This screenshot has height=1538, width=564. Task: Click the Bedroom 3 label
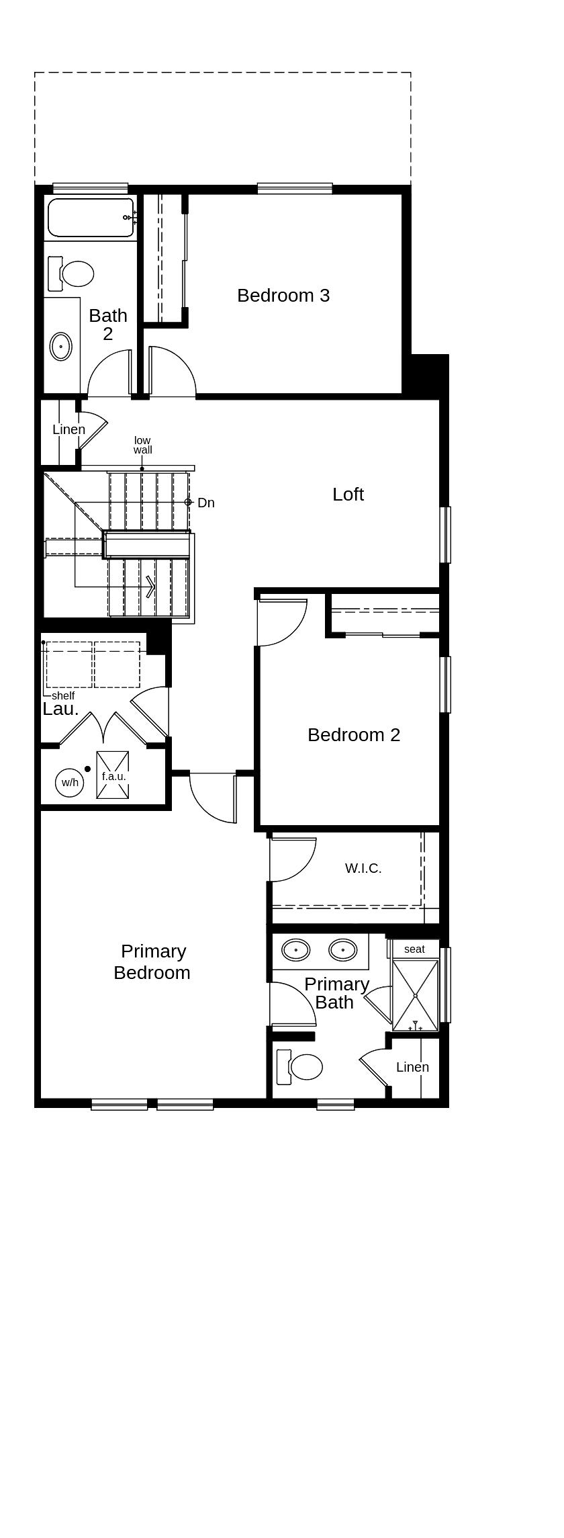click(283, 296)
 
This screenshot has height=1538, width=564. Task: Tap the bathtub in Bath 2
click(91, 218)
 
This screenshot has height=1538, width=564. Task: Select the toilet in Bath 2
click(73, 273)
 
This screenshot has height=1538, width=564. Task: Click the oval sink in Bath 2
click(61, 347)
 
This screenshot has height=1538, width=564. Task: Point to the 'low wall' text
click(142, 445)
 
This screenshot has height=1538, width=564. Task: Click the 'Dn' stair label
click(205, 503)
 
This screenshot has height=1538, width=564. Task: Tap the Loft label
click(348, 495)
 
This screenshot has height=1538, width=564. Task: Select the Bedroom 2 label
click(354, 735)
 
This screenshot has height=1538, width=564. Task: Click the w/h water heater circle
click(70, 783)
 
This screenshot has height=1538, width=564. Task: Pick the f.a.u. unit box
click(113, 775)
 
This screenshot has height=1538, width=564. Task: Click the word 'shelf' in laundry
click(63, 696)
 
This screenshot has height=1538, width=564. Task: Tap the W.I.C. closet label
click(363, 868)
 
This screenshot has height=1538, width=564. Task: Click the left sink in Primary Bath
click(295, 950)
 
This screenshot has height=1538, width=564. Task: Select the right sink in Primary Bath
click(342, 950)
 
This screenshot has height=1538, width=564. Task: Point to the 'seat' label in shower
click(414, 949)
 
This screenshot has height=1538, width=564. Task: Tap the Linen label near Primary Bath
click(412, 1067)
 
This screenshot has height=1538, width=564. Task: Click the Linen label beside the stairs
click(68, 429)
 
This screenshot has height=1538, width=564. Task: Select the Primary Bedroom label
click(152, 962)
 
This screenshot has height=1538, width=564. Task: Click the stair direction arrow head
click(151, 587)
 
